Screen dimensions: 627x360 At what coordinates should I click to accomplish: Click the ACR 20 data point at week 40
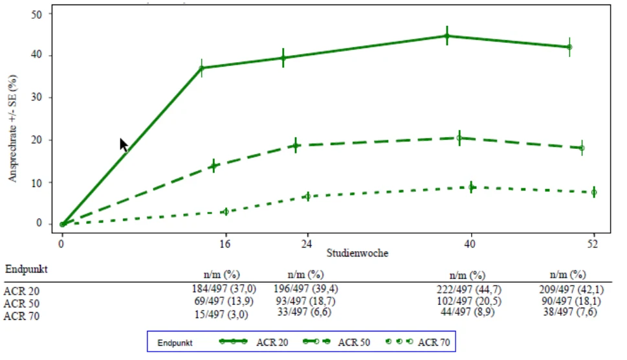click(447, 36)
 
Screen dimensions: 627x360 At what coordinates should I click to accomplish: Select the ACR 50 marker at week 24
click(296, 146)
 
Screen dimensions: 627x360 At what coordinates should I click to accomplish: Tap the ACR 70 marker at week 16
click(226, 212)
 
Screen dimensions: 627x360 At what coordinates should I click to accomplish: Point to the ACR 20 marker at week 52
click(570, 47)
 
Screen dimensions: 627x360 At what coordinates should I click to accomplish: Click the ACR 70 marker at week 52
click(594, 192)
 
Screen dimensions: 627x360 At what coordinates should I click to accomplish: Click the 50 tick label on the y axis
click(36, 14)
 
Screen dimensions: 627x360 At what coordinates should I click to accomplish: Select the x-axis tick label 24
click(307, 243)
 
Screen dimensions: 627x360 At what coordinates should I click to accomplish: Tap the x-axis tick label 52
click(593, 243)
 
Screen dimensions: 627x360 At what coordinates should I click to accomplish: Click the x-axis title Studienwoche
click(357, 253)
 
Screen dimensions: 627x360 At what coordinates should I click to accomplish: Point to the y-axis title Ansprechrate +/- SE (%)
click(13, 128)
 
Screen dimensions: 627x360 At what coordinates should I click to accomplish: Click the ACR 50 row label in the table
click(21, 304)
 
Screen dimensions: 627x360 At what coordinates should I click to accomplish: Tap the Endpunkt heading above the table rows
click(27, 269)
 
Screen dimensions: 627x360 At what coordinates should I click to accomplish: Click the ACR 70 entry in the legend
click(417, 342)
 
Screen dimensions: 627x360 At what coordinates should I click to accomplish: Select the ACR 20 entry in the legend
click(254, 342)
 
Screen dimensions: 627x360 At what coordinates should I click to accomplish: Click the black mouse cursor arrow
click(124, 145)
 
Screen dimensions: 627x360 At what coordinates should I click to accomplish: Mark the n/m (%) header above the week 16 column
click(221, 275)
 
